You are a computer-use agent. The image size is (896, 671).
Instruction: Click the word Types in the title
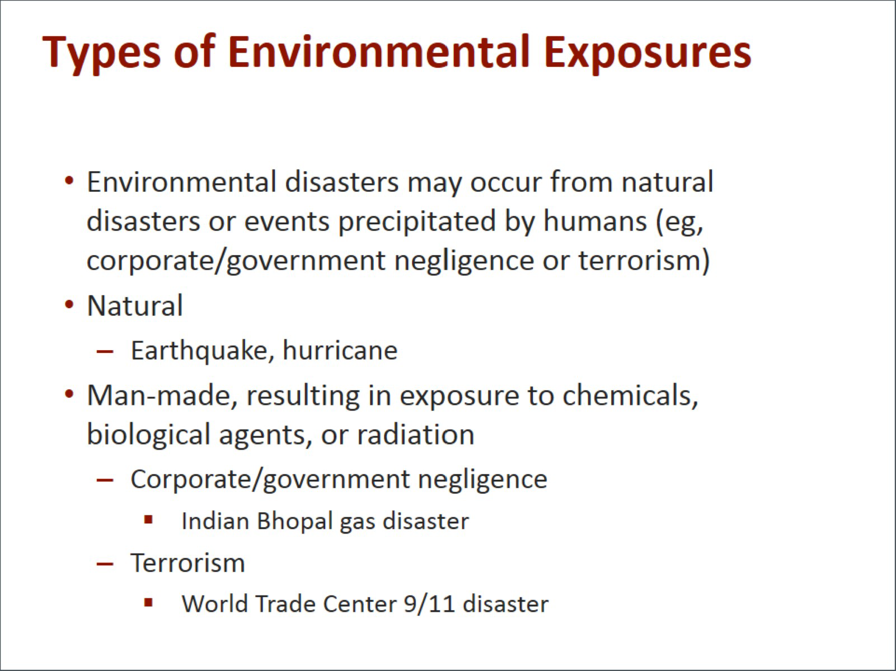pyautogui.click(x=102, y=54)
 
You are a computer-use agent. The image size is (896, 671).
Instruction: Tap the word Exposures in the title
pyautogui.click(x=648, y=54)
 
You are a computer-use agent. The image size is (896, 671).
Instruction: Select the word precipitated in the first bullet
pyautogui.click(x=417, y=222)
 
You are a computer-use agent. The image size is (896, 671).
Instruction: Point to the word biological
pyautogui.click(x=148, y=436)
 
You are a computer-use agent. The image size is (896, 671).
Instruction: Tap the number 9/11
pyautogui.click(x=429, y=604)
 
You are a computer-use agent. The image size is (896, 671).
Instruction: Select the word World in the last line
pyautogui.click(x=215, y=604)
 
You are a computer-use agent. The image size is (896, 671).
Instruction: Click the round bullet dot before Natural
pyautogui.click(x=69, y=305)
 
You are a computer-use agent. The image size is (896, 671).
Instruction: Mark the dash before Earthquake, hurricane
pyautogui.click(x=105, y=351)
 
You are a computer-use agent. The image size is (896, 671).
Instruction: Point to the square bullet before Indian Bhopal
pyautogui.click(x=148, y=519)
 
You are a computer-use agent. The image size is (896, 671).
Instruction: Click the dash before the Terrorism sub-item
pyautogui.click(x=105, y=564)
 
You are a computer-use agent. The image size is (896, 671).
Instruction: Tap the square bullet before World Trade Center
pyautogui.click(x=148, y=602)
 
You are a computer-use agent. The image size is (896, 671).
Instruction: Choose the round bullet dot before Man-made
pyautogui.click(x=69, y=394)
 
